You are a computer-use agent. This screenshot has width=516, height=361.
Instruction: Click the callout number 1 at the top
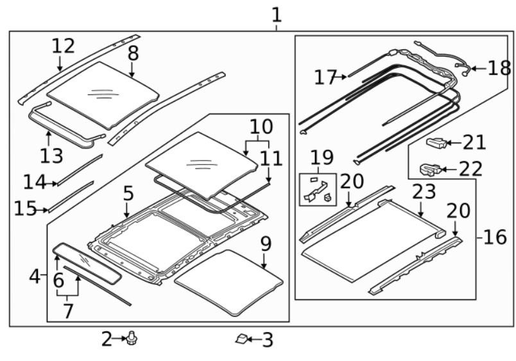[276, 14]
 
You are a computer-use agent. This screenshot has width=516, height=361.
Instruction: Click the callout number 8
[133, 53]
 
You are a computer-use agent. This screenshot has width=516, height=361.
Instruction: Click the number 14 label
[34, 183]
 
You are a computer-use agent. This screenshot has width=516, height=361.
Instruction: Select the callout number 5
[128, 193]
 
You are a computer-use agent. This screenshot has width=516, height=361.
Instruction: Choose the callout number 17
[326, 77]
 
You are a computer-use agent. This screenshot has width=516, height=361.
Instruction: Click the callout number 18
[499, 67]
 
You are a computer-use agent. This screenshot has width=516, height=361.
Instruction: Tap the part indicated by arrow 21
[436, 142]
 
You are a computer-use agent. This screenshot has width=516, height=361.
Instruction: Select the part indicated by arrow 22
[428, 170]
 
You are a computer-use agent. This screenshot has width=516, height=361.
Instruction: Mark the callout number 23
[424, 191]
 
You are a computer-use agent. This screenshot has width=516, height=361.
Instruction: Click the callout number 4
[35, 277]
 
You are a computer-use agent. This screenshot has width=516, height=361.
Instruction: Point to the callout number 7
[68, 311]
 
